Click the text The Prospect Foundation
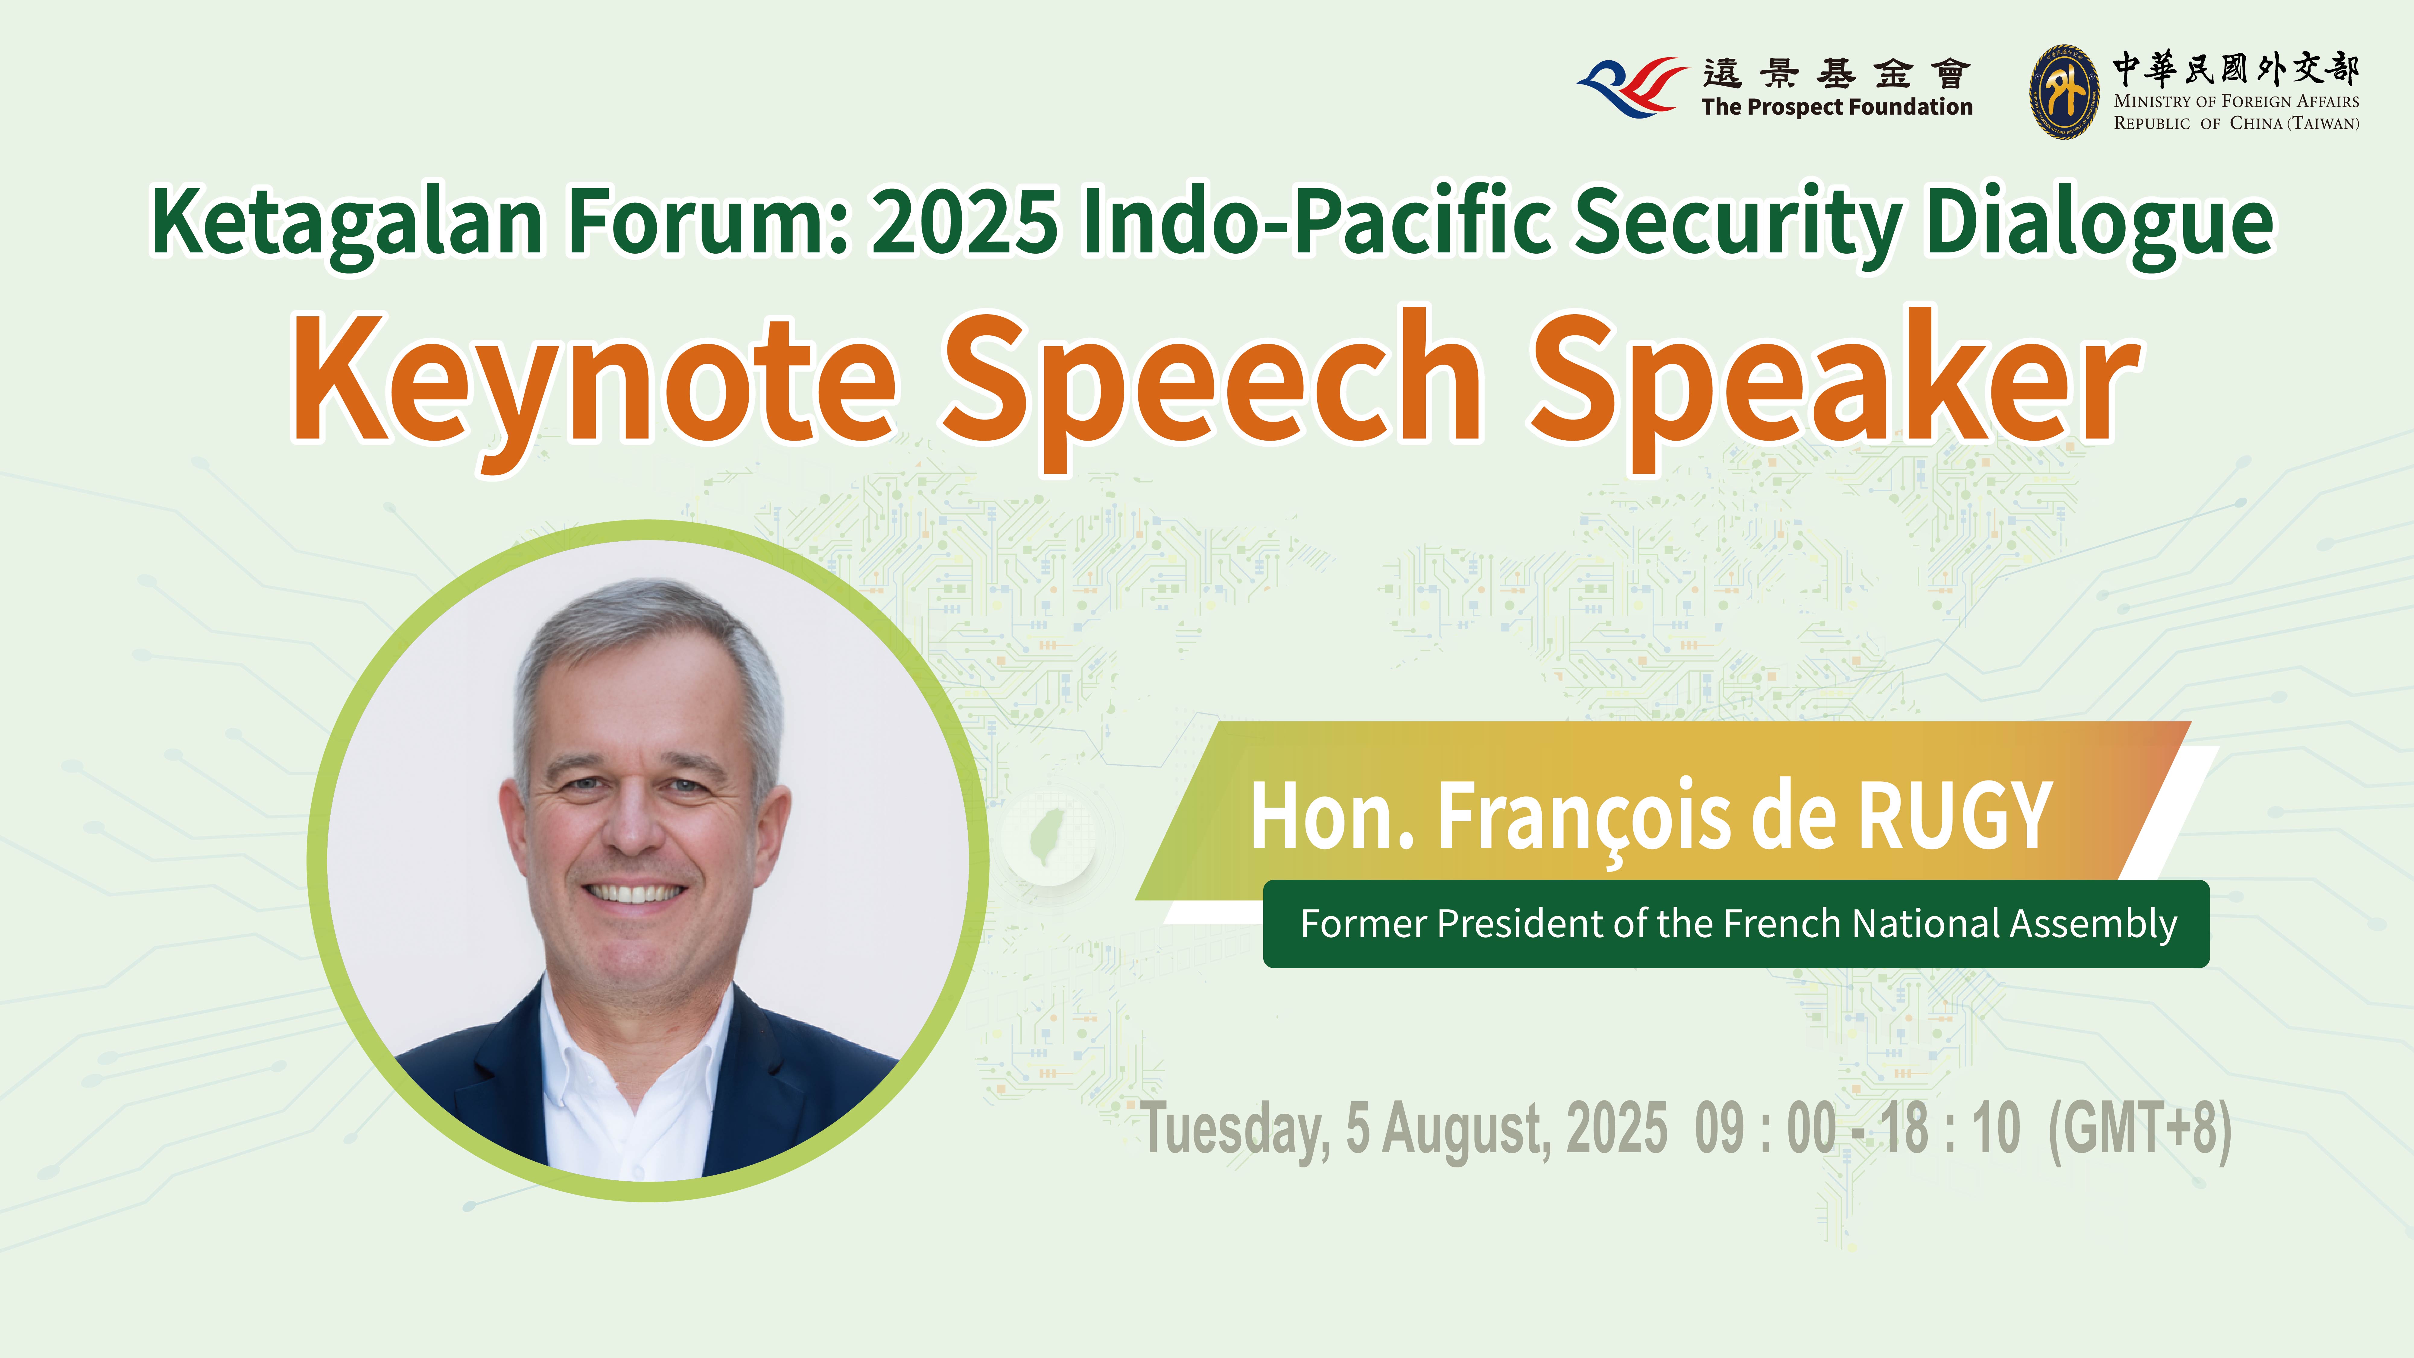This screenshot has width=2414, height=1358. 1837,108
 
